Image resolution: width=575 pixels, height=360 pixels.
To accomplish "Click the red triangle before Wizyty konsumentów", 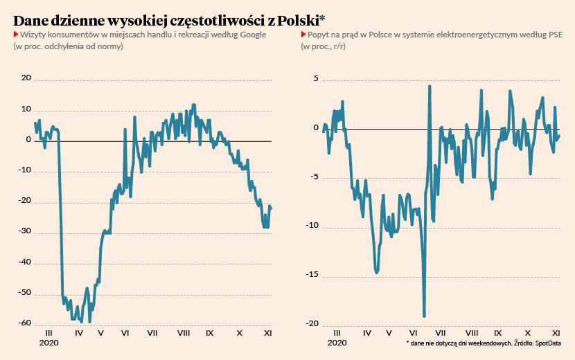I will tap(16, 34).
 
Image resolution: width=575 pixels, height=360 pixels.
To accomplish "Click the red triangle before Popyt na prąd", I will tap(303, 34).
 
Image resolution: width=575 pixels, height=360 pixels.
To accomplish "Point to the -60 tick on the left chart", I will tap(24, 323).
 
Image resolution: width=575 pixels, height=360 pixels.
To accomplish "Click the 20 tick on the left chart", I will tap(26, 78).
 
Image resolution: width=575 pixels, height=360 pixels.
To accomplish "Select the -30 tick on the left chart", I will tap(24, 232).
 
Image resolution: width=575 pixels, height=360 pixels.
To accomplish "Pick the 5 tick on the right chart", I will tap(315, 78).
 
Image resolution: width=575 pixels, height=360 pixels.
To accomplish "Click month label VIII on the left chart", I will tap(184, 333).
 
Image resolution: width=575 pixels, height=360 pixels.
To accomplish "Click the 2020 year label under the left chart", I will tap(49, 343).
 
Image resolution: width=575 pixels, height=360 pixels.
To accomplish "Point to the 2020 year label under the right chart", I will tap(337, 343).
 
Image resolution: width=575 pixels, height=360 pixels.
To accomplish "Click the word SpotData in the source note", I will tap(548, 343).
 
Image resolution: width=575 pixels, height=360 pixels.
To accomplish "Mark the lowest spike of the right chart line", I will tap(424, 316).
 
